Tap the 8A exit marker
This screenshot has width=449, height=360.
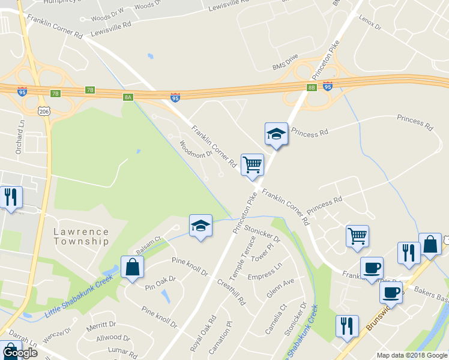tap(128, 97)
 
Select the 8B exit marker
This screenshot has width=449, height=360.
tap(311, 88)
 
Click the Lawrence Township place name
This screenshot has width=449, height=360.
tap(81, 236)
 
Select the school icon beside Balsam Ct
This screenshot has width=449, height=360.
tap(200, 226)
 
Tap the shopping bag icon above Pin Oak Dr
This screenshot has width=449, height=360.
tap(132, 268)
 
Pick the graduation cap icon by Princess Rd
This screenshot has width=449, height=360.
tap(276, 134)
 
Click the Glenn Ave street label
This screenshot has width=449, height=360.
tap(280, 289)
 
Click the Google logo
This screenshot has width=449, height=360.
tap(20, 353)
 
